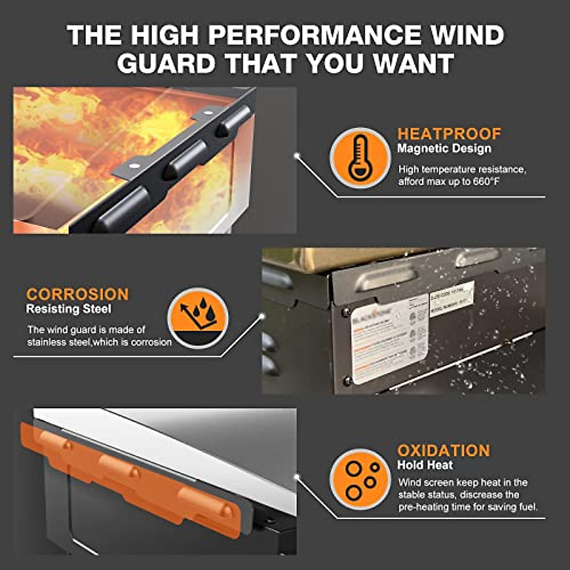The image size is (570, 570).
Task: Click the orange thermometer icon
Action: tap(360, 158)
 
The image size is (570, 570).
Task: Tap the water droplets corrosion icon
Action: tap(198, 317)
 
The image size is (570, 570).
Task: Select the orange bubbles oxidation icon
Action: tap(360, 479)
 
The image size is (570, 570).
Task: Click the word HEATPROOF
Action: tap(449, 133)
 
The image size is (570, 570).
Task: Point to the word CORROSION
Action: tap(77, 294)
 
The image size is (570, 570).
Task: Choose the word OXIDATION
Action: tap(443, 450)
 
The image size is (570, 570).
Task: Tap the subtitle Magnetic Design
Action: tap(444, 149)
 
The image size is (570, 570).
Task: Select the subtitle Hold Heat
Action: tap(425, 465)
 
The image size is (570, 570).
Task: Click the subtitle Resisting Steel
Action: tap(69, 309)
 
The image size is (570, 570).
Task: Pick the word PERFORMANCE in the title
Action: tap(315, 35)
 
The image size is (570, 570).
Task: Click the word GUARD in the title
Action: tap(166, 63)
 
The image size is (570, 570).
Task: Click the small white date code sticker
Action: tap(451, 298)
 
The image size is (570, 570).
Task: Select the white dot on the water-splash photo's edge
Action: tap(261, 315)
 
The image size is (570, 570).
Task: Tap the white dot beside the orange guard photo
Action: tap(297, 475)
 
